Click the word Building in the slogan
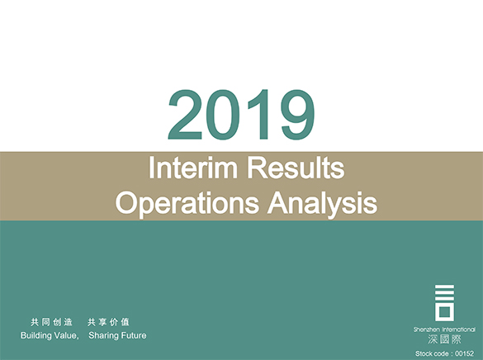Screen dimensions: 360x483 click(x=38, y=336)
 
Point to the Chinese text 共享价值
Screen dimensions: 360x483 click(x=107, y=322)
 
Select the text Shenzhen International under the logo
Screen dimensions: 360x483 click(x=445, y=329)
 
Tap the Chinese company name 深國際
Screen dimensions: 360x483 click(x=445, y=339)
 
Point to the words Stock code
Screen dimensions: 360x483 click(x=433, y=353)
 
